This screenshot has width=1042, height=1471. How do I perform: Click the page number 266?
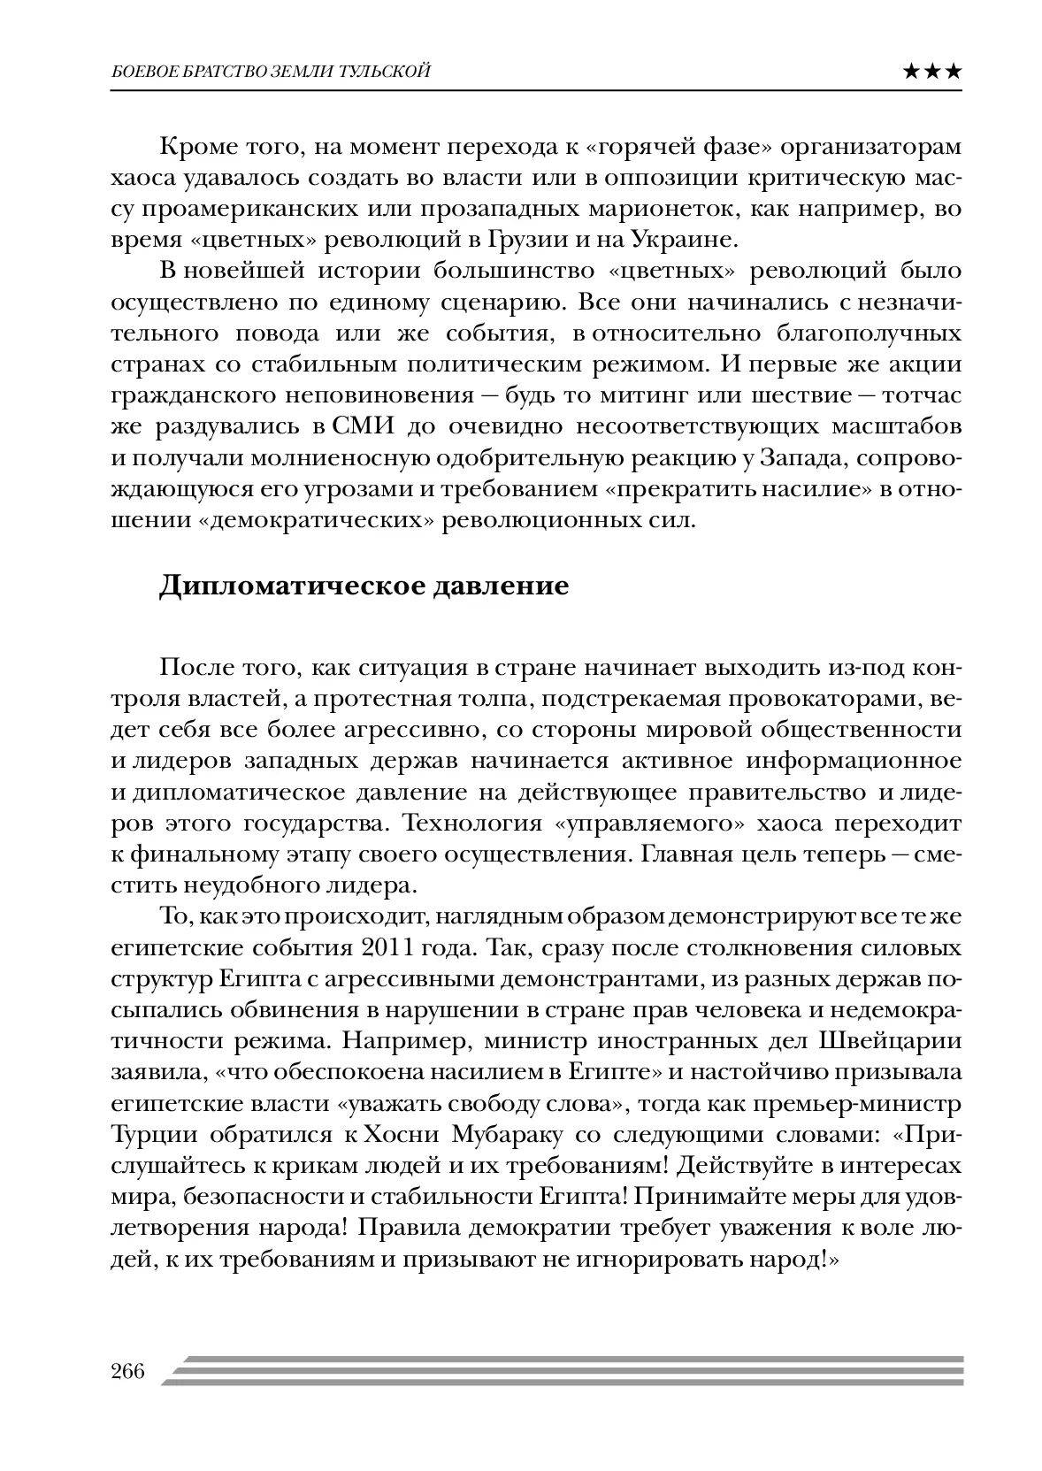[127, 1372]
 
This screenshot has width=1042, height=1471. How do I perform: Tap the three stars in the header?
[932, 72]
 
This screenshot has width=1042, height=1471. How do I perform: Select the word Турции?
[146, 1134]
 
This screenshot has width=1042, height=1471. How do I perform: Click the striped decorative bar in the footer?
[566, 1370]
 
